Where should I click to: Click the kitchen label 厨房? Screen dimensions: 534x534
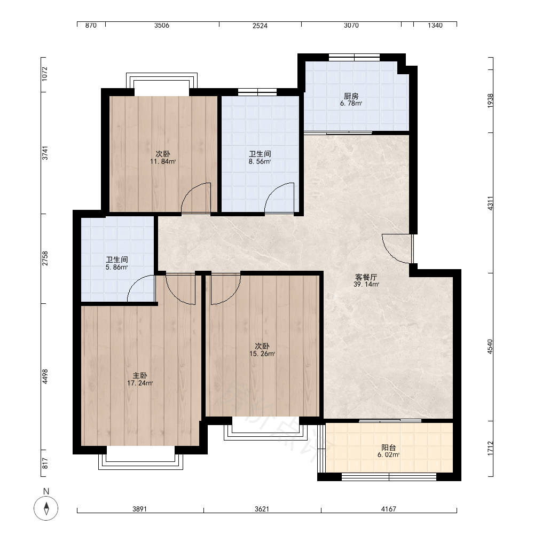coord(351,96)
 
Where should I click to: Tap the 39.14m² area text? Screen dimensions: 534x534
coord(366,285)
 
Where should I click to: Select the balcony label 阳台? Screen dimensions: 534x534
coord(388,447)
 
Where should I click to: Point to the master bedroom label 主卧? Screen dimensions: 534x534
coord(139,375)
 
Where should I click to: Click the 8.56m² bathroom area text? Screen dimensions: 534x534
coord(260,162)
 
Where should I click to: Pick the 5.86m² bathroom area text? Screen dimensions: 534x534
coord(116,268)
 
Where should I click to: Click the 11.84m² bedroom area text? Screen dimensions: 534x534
coord(163,161)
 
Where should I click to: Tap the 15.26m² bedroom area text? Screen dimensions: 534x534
coord(262,354)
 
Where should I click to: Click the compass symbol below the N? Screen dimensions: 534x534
coord(46,508)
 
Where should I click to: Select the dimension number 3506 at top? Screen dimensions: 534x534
coord(162,25)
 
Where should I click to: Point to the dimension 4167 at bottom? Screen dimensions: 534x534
coord(389,509)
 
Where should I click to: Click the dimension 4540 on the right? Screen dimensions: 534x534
coord(490,347)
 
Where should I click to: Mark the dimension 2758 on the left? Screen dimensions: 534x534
coord(45,259)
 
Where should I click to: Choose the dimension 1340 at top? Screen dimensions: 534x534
coord(435,25)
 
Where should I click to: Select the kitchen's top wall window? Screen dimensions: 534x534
coord(354,57)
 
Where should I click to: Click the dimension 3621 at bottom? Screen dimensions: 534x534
coord(262,509)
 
